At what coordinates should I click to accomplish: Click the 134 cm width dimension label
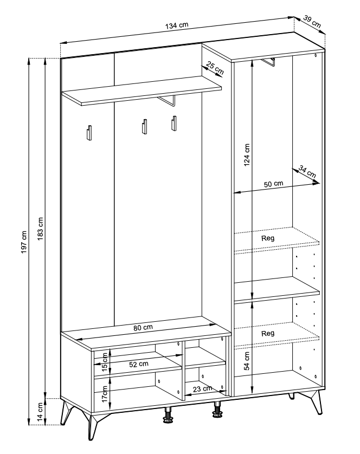pyautogui.click(x=177, y=25)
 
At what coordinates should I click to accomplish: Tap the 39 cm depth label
pyautogui.click(x=312, y=22)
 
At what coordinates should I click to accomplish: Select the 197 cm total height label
pyautogui.click(x=24, y=242)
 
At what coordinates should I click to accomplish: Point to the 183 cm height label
pyautogui.click(x=40, y=229)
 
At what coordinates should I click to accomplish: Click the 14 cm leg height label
pyautogui.click(x=40, y=412)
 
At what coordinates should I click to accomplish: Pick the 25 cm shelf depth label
pyautogui.click(x=215, y=68)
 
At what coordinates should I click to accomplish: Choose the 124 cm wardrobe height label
pyautogui.click(x=247, y=155)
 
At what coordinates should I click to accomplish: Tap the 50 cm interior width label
pyautogui.click(x=273, y=184)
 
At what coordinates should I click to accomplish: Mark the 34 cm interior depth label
pyautogui.click(x=307, y=172)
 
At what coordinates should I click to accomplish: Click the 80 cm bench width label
pyautogui.click(x=143, y=328)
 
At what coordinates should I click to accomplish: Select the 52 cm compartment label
pyautogui.click(x=139, y=364)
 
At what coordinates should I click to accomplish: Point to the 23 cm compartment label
pyautogui.click(x=202, y=389)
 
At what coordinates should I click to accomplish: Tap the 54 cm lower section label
pyautogui.click(x=247, y=361)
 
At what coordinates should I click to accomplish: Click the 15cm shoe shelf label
pyautogui.click(x=104, y=360)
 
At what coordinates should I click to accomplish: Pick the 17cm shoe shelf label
pyautogui.click(x=104, y=394)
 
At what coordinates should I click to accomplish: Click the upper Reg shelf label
pyautogui.click(x=267, y=238)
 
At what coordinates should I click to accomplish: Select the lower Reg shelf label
pyautogui.click(x=267, y=334)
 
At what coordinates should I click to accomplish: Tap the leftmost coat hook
pyautogui.click(x=89, y=133)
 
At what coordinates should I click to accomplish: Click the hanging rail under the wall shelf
pyautogui.click(x=167, y=101)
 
